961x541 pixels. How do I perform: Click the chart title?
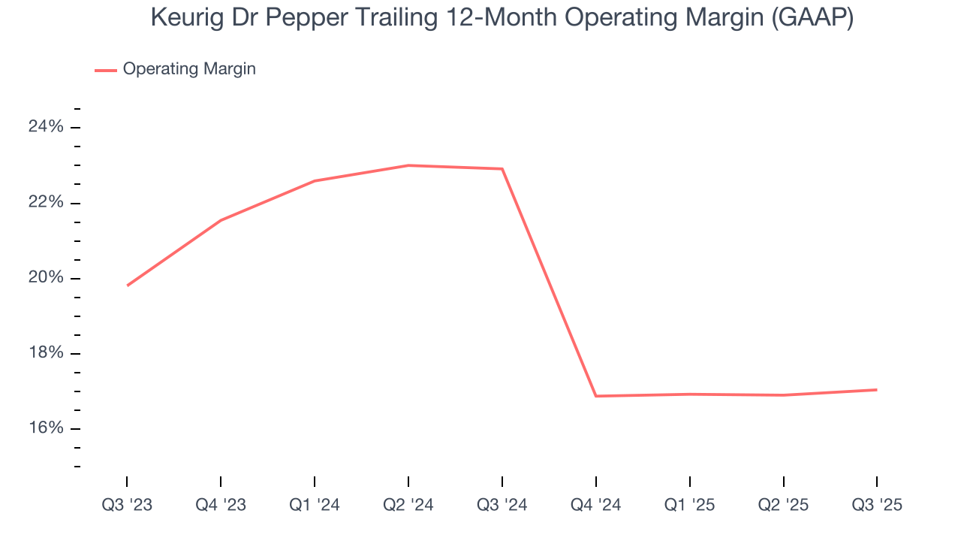pos(502,17)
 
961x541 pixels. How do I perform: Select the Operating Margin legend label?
pos(189,69)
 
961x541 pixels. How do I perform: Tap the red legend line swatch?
pos(106,70)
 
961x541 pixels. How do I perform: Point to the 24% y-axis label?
pos(46,127)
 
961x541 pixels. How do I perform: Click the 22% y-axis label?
pos(46,203)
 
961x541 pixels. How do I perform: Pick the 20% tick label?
pos(46,278)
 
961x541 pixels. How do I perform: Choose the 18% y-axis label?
pos(46,353)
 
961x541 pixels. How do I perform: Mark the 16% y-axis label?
pos(46,428)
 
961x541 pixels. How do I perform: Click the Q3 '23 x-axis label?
pos(127,505)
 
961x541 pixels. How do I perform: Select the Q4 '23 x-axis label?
pos(221,505)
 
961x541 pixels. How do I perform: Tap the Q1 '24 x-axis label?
pos(315,505)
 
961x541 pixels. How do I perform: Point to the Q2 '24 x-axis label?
pos(408,505)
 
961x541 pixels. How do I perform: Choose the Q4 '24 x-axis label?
pos(596,505)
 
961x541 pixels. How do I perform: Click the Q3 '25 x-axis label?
pos(877,505)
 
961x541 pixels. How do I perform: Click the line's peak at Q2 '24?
pos(408,165)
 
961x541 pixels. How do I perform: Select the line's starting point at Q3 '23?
pos(128,286)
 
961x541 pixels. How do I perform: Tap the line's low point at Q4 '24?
pos(596,396)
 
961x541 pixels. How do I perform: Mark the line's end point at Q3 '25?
pos(876,389)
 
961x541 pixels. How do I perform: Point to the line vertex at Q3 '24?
pos(502,169)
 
